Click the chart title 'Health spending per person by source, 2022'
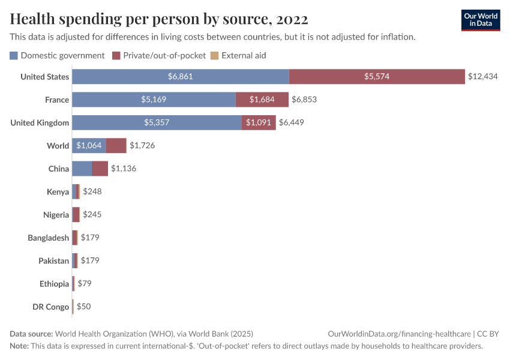pos(159,19)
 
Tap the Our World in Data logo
pos(481,20)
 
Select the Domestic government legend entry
pos(58,55)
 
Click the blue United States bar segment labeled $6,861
pos(180,77)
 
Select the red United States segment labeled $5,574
pos(377,77)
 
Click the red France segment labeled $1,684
pos(262,100)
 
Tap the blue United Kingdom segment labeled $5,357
pos(157,122)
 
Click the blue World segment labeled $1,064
pos(89,146)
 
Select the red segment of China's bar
pos(100,169)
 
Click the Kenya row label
pos(58,192)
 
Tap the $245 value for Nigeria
pos(92,214)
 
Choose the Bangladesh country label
pos(48,238)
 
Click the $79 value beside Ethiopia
pos(85,283)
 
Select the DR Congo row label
pos(50,307)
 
